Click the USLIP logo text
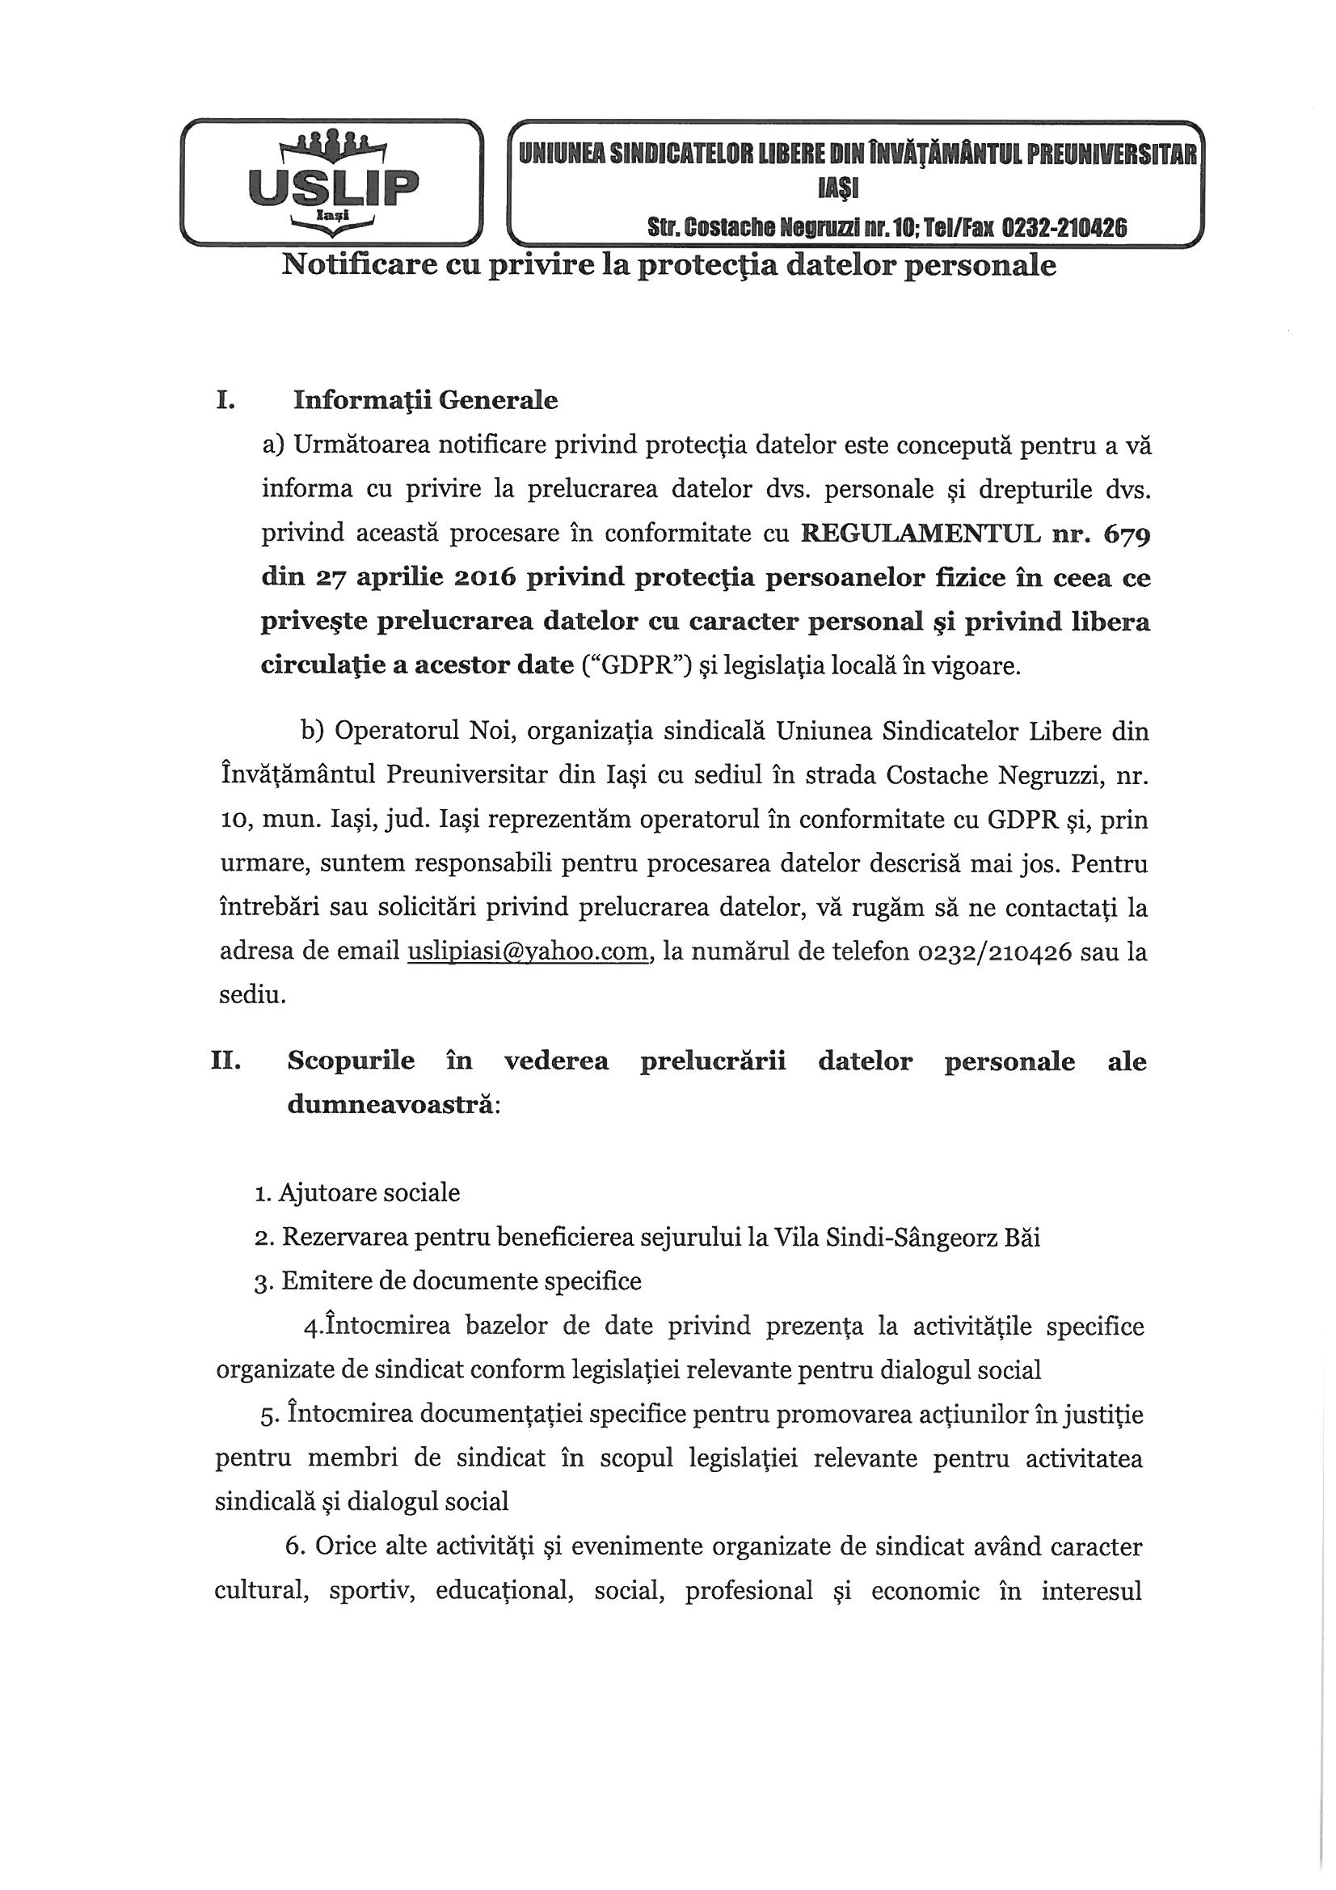(332, 187)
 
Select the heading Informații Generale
(425, 400)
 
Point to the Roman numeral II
(225, 1061)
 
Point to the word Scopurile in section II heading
(350, 1061)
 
